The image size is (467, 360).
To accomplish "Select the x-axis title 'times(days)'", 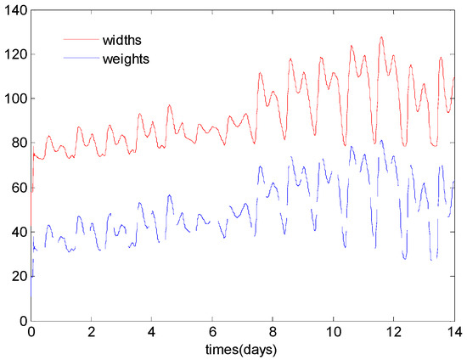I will pyautogui.click(x=242, y=349).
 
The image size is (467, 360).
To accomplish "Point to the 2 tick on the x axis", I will pyautogui.click(x=92, y=333).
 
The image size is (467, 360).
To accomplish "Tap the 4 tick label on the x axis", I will pyautogui.click(x=152, y=333).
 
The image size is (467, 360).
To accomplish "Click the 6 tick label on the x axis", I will pyautogui.click(x=212, y=333).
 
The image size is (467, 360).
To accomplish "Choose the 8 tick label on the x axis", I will pyautogui.click(x=273, y=333).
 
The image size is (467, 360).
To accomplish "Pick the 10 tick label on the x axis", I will pyautogui.click(x=333, y=333).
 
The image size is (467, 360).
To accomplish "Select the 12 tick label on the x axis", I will pyautogui.click(x=393, y=333).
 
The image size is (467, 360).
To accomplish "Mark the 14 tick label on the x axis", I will pyautogui.click(x=453, y=333).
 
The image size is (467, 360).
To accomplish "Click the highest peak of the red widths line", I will pyautogui.click(x=381, y=37).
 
